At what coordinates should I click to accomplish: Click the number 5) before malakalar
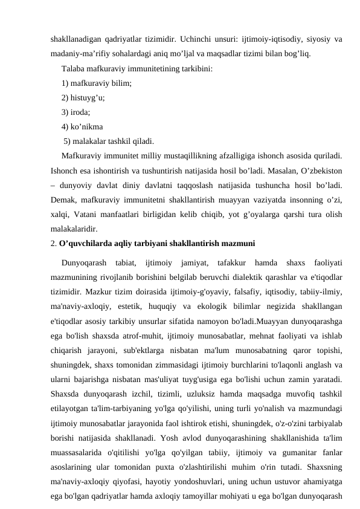click(x=68, y=141)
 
